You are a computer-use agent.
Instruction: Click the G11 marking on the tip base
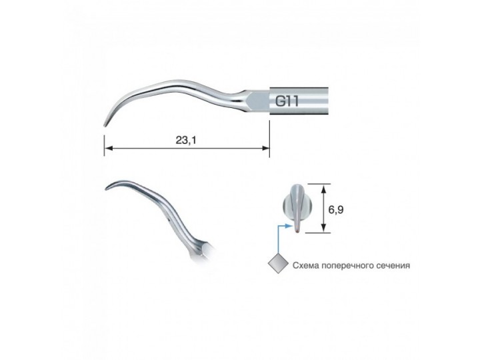pyautogui.click(x=287, y=101)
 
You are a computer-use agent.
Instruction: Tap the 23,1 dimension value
pyautogui.click(x=186, y=140)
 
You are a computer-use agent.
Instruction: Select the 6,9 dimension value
pyautogui.click(x=335, y=210)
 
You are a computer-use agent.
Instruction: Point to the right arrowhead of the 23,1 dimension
pyautogui.click(x=266, y=148)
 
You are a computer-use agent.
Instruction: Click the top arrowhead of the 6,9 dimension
pyautogui.click(x=323, y=188)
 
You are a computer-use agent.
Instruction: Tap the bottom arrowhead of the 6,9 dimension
pyautogui.click(x=323, y=229)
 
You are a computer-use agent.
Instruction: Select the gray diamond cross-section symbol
pyautogui.click(x=278, y=263)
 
